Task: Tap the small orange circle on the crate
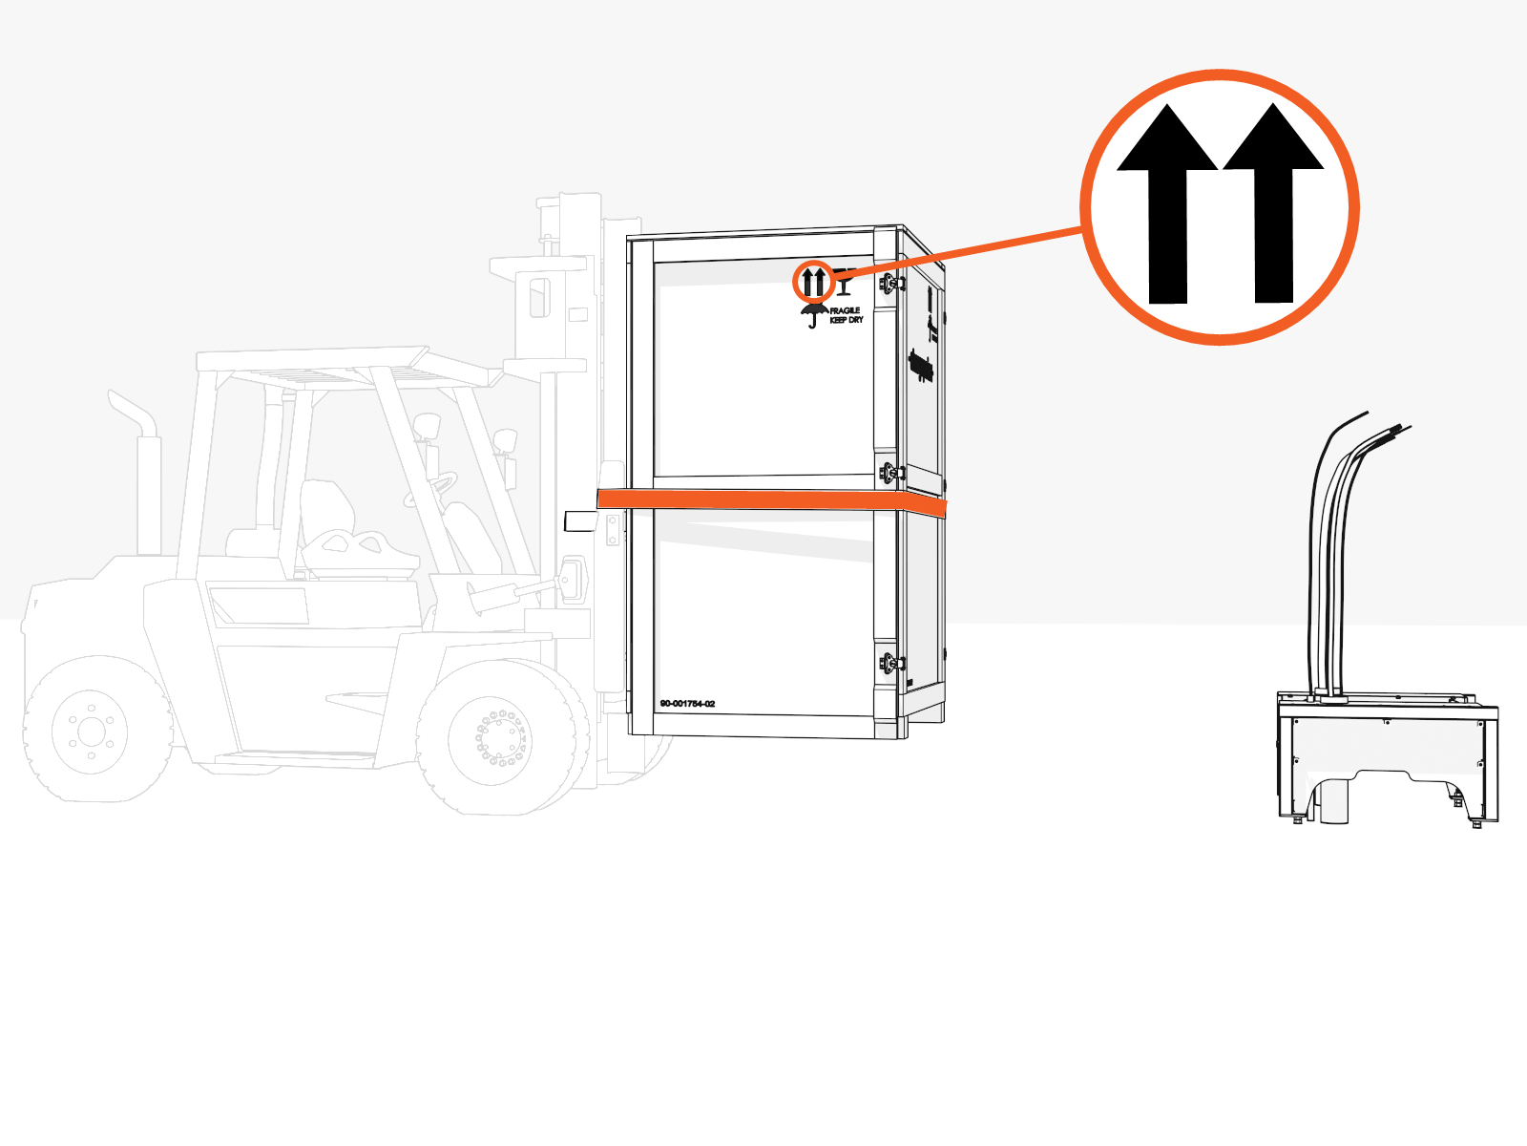click(813, 282)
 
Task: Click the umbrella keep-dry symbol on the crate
click(813, 315)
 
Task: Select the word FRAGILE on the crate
click(846, 310)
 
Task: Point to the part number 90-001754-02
click(687, 704)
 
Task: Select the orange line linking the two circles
click(964, 253)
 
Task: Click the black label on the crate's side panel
click(921, 366)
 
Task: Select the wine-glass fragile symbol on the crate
click(844, 283)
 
